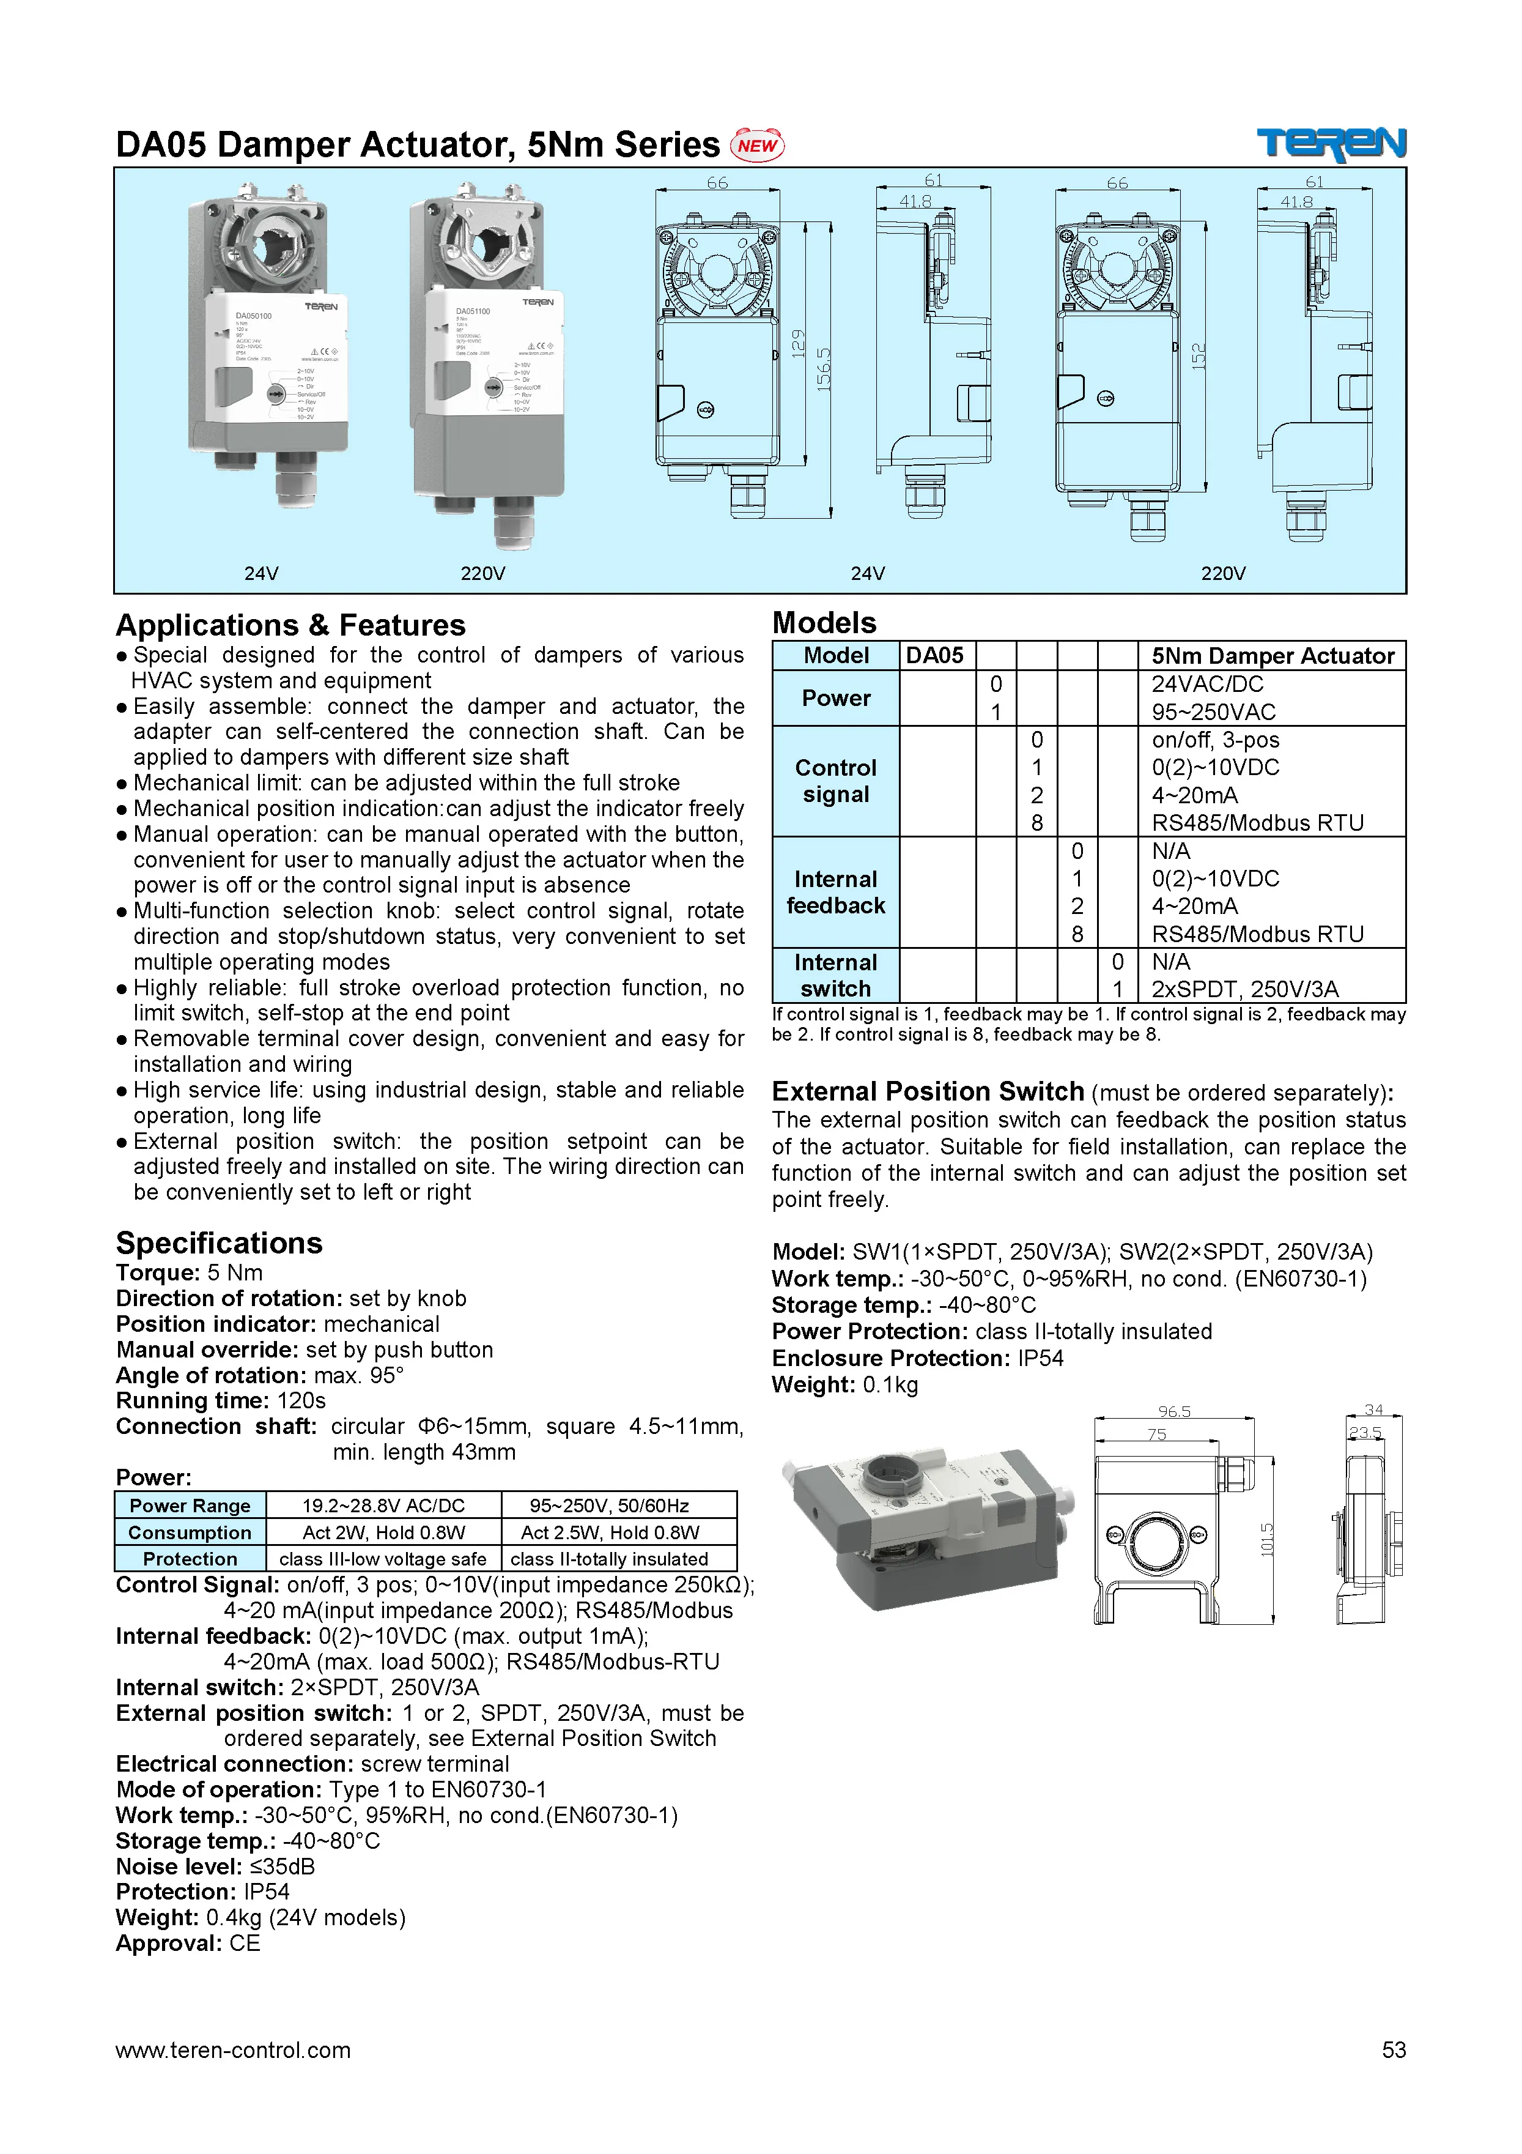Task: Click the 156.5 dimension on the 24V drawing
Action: click(x=823, y=370)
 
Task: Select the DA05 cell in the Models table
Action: click(x=935, y=656)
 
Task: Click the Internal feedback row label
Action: click(x=835, y=892)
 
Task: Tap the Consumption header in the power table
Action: click(x=190, y=1532)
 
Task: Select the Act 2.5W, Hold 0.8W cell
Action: click(x=610, y=1532)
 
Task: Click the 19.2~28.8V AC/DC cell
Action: click(x=383, y=1506)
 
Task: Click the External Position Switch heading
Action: click(x=928, y=1092)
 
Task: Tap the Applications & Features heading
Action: click(x=290, y=626)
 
